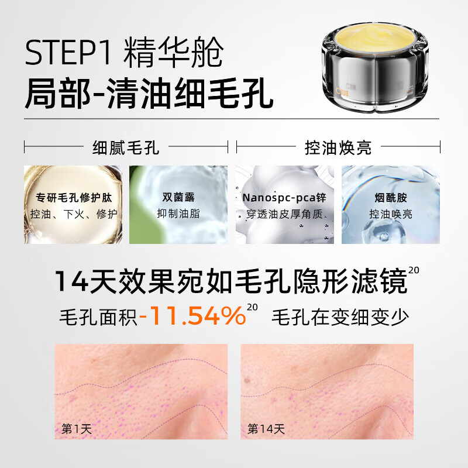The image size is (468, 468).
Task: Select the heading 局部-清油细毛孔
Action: pyautogui.click(x=149, y=94)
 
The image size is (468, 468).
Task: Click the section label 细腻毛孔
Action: pyautogui.click(x=126, y=147)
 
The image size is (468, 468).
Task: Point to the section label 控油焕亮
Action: pyautogui.click(x=338, y=147)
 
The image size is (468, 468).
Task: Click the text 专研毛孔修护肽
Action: pyautogui.click(x=73, y=197)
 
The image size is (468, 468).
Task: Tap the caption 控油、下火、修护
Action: pyautogui.click(x=73, y=214)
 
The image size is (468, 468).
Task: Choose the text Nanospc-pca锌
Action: pyautogui.click(x=284, y=197)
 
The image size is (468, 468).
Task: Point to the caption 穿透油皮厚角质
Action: pyautogui.click(x=284, y=214)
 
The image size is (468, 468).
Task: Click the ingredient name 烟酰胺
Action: pyautogui.click(x=391, y=197)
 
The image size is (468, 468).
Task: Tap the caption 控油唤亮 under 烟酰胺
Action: pyautogui.click(x=391, y=214)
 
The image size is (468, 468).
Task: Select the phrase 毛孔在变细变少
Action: pyautogui.click(x=340, y=316)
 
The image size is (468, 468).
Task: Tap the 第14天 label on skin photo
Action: pyautogui.click(x=266, y=429)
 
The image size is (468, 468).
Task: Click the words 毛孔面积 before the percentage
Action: pyautogui.click(x=98, y=316)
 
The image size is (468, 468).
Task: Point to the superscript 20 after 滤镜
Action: pyautogui.click(x=414, y=270)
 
